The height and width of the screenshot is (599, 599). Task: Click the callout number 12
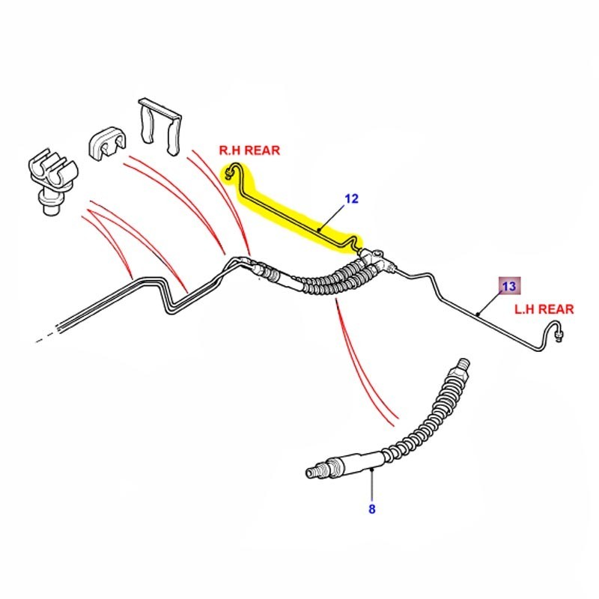coord(352,199)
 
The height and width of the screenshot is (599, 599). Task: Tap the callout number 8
coord(371,510)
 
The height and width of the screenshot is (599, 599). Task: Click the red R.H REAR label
coord(249,150)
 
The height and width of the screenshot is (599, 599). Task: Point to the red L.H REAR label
coord(544,308)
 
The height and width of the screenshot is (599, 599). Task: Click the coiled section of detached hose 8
coord(419,427)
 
